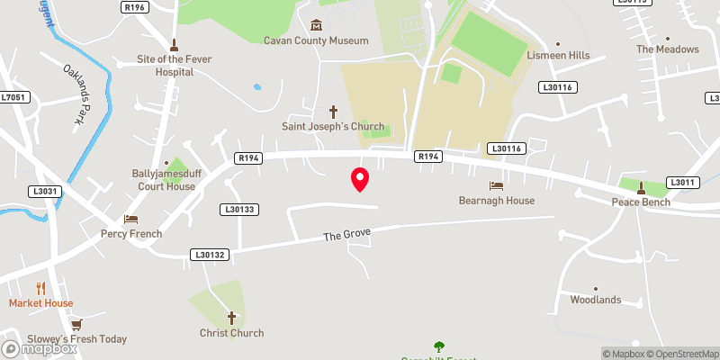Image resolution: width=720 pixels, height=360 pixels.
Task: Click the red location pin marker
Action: (360, 178)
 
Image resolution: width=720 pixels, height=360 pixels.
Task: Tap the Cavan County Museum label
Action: (316, 40)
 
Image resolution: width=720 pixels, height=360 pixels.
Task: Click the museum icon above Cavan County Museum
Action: (316, 24)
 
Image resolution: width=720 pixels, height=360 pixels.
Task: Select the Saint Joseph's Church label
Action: (333, 127)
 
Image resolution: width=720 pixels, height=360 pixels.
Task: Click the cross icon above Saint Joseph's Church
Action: (333, 111)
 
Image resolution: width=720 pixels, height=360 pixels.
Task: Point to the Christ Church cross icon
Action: (231, 318)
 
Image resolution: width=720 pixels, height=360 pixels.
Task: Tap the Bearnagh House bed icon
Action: (496, 185)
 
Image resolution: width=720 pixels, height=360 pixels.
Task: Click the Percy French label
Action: (131, 234)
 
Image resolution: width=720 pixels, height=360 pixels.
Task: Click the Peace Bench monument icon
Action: (641, 188)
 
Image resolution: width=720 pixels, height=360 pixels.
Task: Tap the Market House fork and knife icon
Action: (40, 288)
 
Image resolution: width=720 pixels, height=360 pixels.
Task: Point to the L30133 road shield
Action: (238, 210)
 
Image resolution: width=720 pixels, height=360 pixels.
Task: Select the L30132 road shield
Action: (208, 256)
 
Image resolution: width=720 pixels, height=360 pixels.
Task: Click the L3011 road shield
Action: (683, 183)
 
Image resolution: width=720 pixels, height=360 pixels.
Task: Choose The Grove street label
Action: (346, 235)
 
